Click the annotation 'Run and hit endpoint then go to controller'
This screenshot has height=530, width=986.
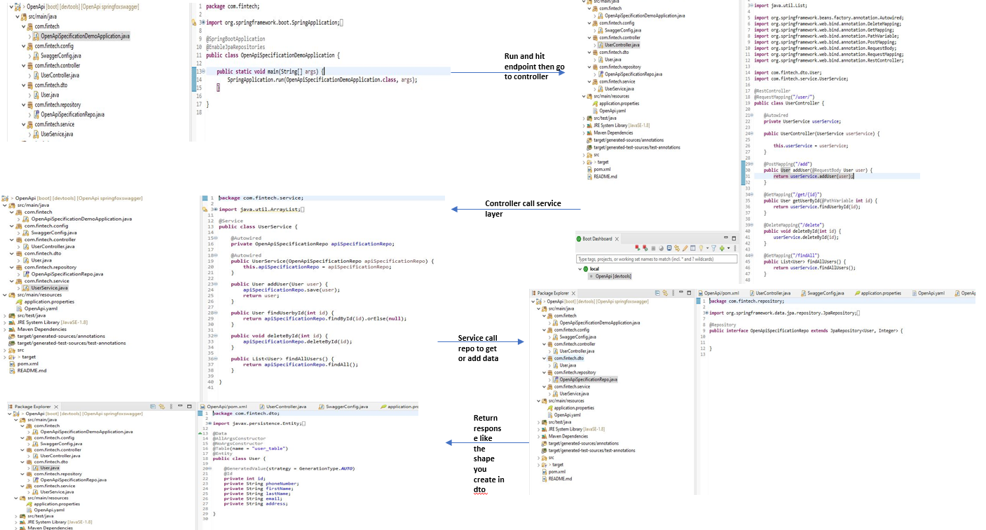(534, 66)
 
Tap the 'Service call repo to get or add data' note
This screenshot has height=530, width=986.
(477, 348)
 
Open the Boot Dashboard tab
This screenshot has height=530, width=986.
(597, 238)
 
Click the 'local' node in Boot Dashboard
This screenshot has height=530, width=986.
(594, 269)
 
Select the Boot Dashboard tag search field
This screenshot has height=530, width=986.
(656, 259)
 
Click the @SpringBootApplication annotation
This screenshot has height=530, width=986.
(235, 39)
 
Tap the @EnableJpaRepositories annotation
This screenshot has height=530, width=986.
(235, 47)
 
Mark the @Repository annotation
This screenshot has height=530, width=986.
(723, 325)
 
